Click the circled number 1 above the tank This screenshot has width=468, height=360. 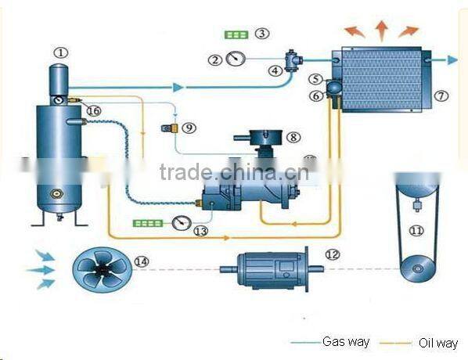point(61,53)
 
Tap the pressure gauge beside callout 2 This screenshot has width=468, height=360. point(236,59)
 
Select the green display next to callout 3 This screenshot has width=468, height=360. point(236,35)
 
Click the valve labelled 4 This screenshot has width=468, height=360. point(293,61)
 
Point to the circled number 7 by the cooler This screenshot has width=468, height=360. point(441,95)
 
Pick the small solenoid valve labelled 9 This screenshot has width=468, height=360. point(170,128)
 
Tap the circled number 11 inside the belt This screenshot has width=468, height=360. point(416,231)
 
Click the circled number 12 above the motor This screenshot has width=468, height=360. point(333,254)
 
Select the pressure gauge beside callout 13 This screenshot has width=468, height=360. point(182,223)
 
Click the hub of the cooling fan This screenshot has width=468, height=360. point(103,270)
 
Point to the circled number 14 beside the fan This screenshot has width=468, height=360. point(142,261)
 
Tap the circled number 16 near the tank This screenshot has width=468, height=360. point(94,111)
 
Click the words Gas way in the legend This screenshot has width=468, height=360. point(346,341)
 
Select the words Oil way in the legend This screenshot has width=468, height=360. point(438,343)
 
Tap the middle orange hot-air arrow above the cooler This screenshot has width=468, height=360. point(382,31)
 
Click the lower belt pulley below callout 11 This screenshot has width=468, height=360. point(417,269)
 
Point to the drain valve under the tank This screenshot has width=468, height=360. point(60,217)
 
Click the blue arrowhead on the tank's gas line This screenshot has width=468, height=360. point(178,88)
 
